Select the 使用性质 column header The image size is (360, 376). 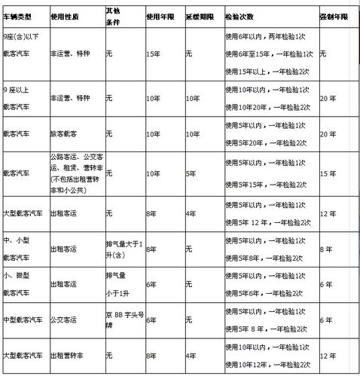point(67,15)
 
